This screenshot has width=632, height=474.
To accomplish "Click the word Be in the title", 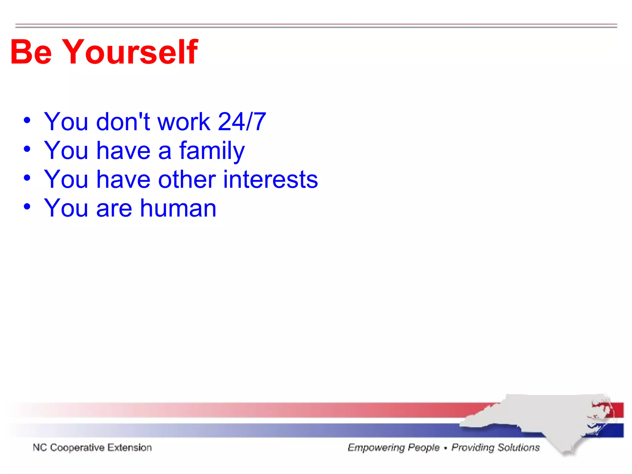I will point(31,52).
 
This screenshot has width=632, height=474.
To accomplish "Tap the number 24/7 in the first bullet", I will point(242,122).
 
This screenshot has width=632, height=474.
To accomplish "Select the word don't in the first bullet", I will point(123,122).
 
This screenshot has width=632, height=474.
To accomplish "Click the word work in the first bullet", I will point(184,122).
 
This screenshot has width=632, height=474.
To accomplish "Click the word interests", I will point(270,180).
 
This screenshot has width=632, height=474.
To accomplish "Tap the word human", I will point(178,208).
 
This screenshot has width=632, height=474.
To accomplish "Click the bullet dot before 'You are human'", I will point(27,206).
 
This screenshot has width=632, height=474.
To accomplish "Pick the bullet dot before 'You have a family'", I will point(27,149).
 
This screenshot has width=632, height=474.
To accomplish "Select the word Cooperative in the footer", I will point(77,447).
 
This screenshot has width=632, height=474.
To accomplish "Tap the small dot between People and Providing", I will point(445,448).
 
